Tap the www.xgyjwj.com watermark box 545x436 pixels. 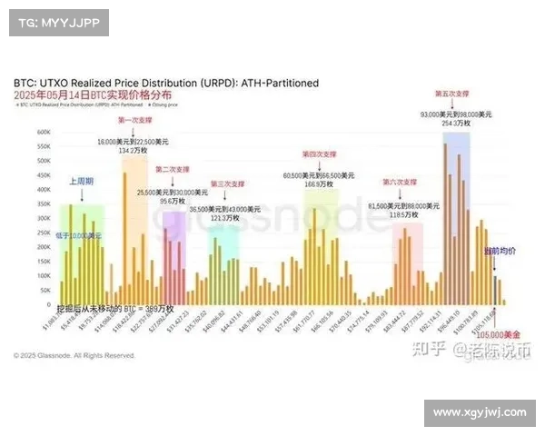click(x=478, y=412)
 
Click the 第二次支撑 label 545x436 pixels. click(x=173, y=169)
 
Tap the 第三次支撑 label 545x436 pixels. click(x=227, y=184)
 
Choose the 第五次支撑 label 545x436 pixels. click(x=452, y=94)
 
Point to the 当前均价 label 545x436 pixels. click(x=499, y=250)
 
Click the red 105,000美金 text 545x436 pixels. click(x=502, y=334)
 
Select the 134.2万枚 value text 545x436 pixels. click(x=132, y=151)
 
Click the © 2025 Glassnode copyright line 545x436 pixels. click(x=74, y=355)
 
